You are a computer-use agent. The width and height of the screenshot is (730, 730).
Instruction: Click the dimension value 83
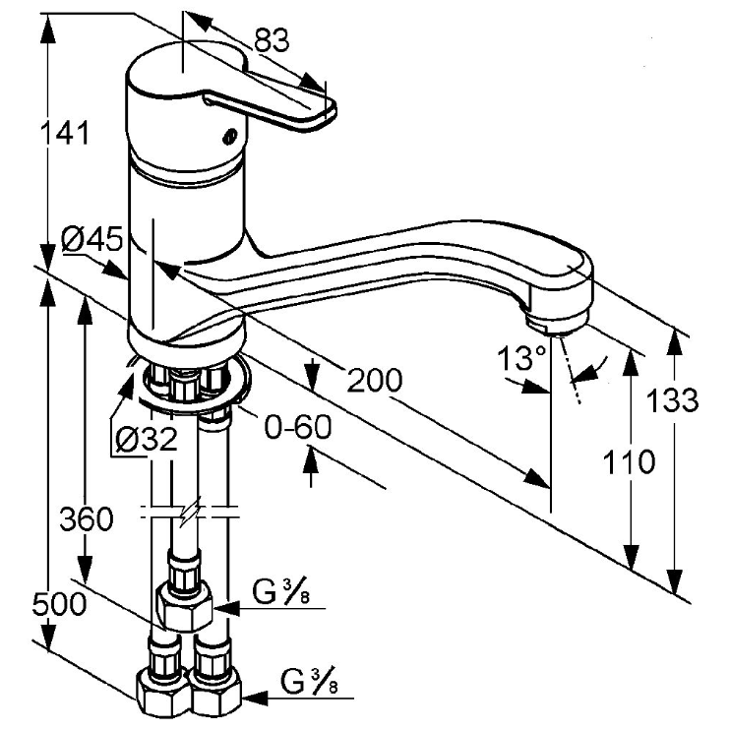(272, 39)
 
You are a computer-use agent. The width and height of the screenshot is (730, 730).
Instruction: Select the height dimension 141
(65, 133)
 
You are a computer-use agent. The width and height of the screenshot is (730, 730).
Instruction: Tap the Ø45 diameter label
(92, 240)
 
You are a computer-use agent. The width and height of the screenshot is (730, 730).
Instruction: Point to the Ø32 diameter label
(147, 439)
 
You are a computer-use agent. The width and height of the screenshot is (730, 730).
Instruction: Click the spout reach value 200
(374, 380)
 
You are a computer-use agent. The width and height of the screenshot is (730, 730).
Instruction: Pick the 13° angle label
(521, 357)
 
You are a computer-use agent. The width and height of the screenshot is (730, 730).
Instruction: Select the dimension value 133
(673, 400)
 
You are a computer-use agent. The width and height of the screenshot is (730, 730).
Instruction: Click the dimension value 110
(629, 461)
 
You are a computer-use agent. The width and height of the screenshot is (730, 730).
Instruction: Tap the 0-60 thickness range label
(298, 427)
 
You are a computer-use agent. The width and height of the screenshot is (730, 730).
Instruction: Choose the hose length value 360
(87, 519)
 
